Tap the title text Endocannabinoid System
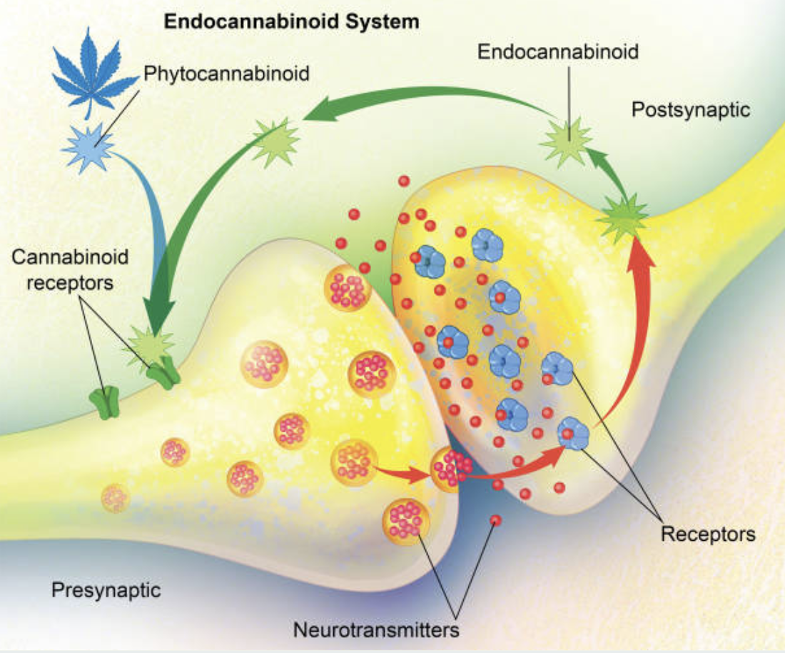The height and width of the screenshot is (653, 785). click(x=292, y=21)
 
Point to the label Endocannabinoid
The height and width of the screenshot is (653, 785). click(x=557, y=51)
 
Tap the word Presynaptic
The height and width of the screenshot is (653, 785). click(x=106, y=590)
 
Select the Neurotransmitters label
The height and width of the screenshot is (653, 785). click(x=376, y=630)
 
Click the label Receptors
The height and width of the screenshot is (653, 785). click(x=707, y=533)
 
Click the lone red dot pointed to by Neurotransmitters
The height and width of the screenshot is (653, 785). click(x=495, y=520)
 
